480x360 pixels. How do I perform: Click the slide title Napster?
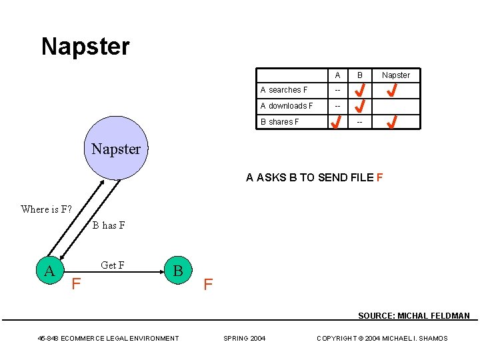coord(85,47)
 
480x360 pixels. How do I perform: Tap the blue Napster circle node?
coord(115,149)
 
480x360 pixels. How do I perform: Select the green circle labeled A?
coord(49,270)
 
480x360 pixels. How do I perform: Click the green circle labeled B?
coord(177,270)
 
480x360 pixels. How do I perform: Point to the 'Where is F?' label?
coord(46,209)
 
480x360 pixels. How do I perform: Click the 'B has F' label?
coord(109,225)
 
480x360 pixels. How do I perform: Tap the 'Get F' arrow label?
coord(113,265)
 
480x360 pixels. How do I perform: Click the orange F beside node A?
coord(77,285)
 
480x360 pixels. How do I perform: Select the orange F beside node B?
coord(208,285)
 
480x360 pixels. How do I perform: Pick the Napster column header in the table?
coord(396,75)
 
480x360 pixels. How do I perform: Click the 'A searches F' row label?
coord(284,90)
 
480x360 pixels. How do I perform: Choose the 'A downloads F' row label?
coord(287,106)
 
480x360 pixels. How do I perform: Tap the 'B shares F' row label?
coord(279,122)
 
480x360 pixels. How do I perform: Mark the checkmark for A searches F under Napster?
coord(393,89)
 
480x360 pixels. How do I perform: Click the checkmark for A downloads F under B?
coord(360,105)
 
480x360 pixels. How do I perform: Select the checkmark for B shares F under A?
coord(338,122)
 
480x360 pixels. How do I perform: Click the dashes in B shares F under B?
coord(360,122)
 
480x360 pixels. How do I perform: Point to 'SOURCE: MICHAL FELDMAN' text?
coord(413,316)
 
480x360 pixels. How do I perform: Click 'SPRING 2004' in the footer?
coord(244,339)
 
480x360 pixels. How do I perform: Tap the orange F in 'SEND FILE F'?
coord(379,177)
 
